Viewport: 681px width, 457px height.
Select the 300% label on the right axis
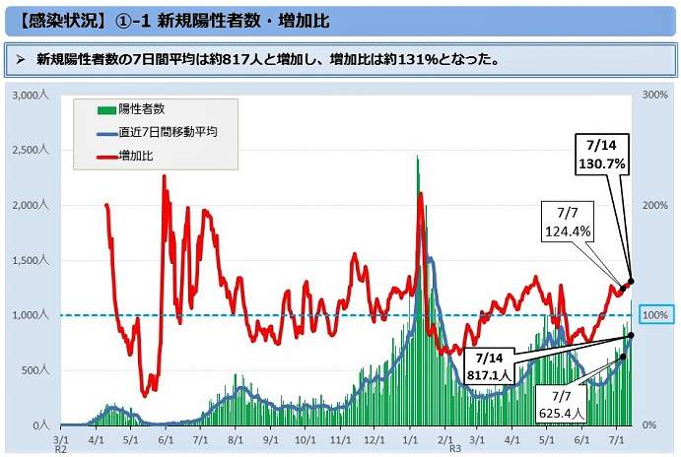(655, 96)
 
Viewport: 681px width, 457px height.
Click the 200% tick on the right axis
(655, 205)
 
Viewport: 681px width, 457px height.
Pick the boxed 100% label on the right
(655, 315)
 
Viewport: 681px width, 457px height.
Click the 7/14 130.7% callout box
(602, 155)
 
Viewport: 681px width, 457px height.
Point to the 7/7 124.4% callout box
(567, 221)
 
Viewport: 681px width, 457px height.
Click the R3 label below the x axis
(454, 448)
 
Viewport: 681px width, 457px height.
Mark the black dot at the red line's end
(631, 282)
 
